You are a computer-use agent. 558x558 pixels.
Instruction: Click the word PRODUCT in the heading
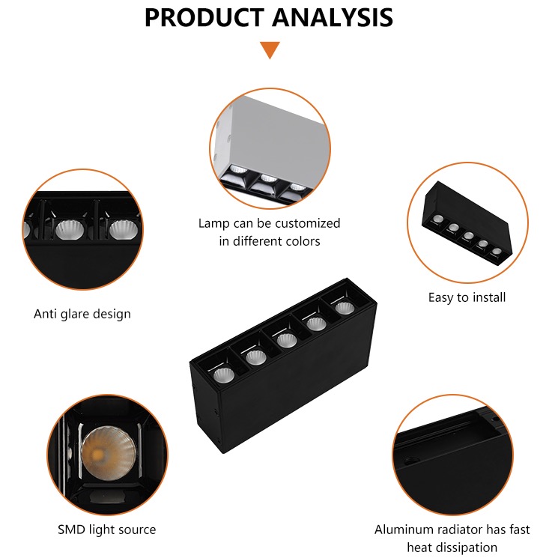(204, 17)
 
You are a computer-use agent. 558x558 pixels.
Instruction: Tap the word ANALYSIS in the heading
(333, 17)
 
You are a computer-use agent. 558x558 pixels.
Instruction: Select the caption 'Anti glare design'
(82, 314)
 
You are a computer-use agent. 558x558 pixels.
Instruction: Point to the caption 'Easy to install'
(467, 297)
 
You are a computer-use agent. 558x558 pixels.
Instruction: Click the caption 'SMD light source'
(107, 530)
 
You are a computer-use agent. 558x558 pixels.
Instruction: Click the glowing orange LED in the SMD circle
(97, 454)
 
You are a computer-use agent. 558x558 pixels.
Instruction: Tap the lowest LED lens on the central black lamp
(224, 375)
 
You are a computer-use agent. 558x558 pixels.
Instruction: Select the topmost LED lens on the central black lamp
(345, 308)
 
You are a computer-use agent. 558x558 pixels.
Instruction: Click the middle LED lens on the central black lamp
(286, 340)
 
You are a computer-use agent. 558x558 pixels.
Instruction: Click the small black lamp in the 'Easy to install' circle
(467, 222)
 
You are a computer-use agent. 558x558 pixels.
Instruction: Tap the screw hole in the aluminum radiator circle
(411, 461)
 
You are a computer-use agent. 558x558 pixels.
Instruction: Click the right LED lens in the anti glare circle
(122, 229)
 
